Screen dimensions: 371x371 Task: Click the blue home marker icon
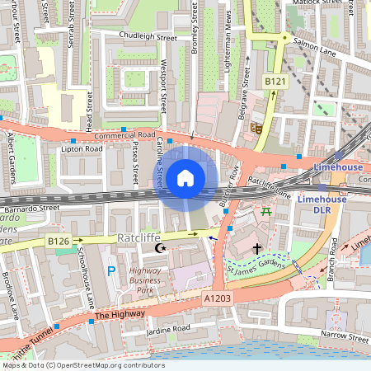click(x=185, y=178)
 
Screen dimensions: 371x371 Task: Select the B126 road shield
click(x=58, y=241)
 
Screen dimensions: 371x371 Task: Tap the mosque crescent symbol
click(x=162, y=247)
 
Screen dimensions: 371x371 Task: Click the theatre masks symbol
click(x=257, y=129)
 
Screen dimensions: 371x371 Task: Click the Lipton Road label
click(x=82, y=149)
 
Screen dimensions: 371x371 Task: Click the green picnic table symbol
click(x=266, y=212)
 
